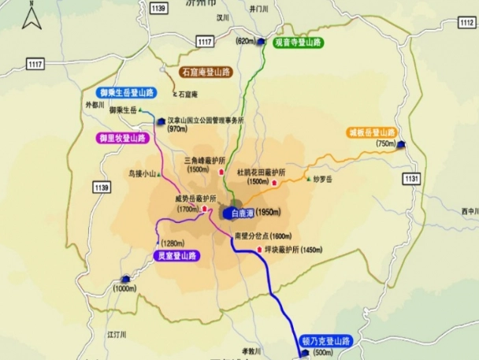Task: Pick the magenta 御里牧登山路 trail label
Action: point(122,137)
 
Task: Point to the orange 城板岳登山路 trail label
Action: point(371,132)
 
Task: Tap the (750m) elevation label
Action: point(386,144)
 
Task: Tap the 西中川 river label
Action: point(470,211)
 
